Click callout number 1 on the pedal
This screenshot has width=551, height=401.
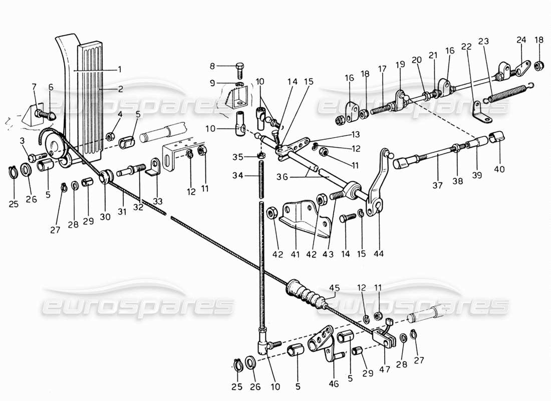119,69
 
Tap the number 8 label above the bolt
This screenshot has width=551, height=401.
226,66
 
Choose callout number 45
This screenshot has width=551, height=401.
334,288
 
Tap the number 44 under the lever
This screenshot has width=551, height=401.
379,255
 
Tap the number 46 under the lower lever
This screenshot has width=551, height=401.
335,384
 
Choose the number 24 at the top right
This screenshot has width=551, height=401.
521,41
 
